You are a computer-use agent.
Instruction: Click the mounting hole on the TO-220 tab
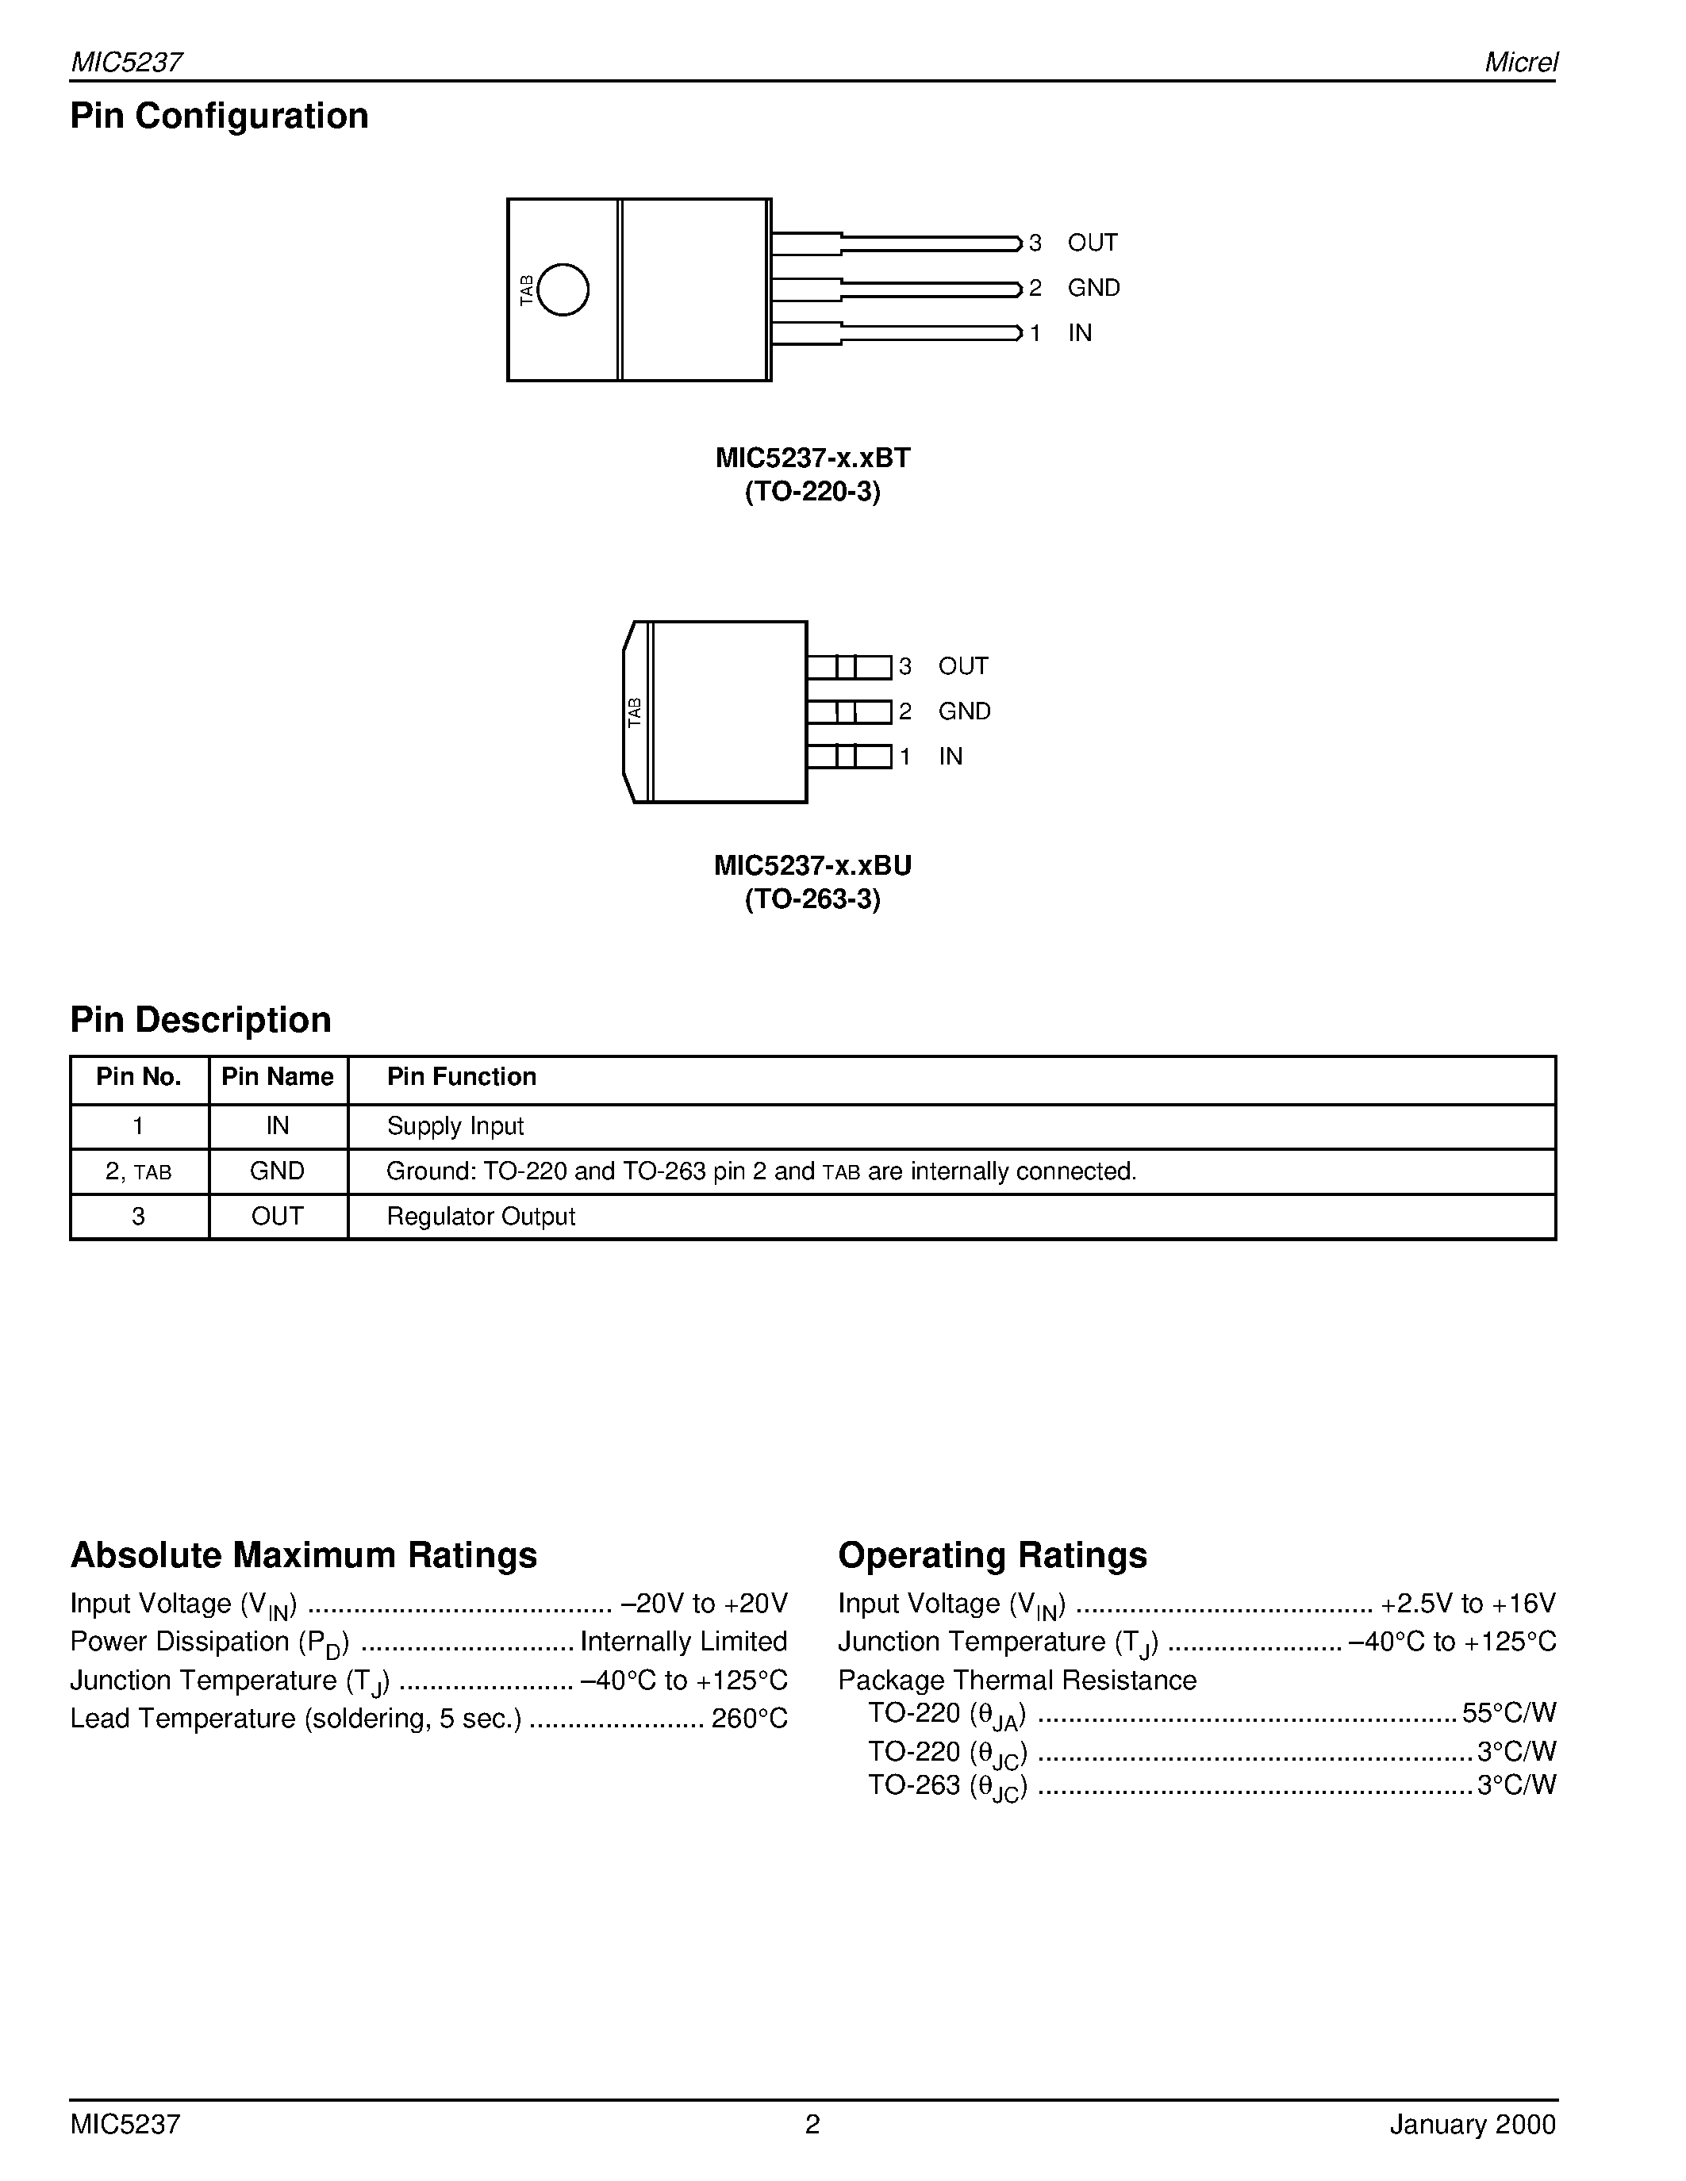563,289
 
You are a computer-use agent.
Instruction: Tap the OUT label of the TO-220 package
1092,243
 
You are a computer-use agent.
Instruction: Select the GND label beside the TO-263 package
964,711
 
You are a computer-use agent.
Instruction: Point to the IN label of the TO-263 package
950,757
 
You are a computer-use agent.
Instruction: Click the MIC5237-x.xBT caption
812,458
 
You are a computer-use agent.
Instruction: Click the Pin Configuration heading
219,116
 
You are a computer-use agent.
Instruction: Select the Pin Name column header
277,1076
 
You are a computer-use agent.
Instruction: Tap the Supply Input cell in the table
455,1126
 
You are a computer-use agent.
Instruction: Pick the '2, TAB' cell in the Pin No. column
138,1171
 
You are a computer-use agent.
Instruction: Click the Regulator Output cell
481,1217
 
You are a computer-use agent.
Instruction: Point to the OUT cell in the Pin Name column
277,1217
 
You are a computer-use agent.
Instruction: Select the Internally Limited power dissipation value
683,1642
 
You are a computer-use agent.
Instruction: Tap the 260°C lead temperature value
749,1719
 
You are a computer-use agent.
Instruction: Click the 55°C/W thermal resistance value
1508,1714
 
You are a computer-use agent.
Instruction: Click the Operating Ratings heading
992,1556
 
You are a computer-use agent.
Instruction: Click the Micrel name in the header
1520,62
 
